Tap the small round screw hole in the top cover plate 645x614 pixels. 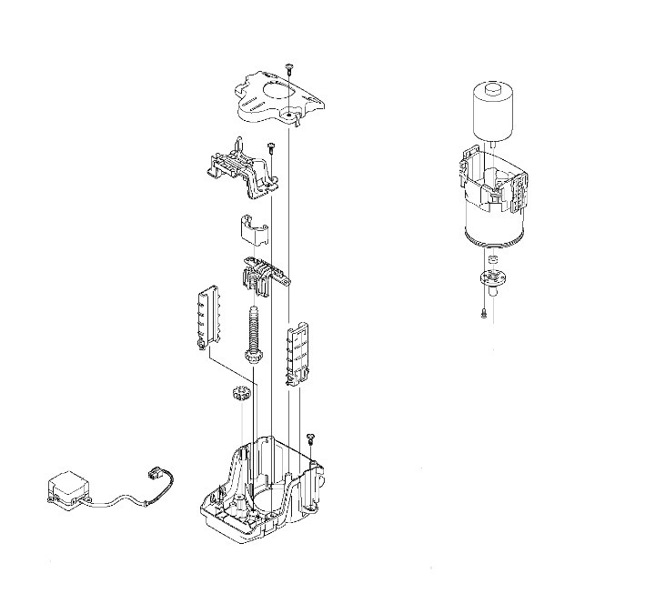point(289,116)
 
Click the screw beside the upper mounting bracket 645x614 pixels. point(270,146)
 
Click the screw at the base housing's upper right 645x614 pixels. point(310,438)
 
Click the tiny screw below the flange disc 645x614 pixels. point(486,314)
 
